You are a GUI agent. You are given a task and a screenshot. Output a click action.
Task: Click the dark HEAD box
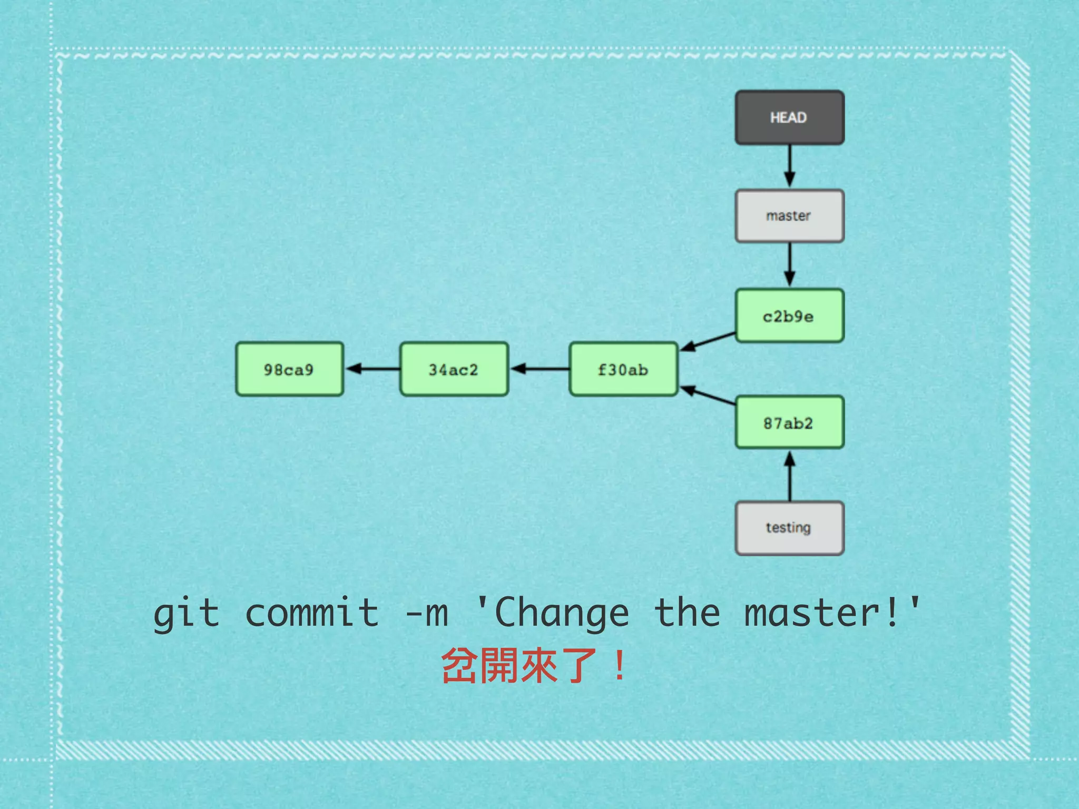[789, 117]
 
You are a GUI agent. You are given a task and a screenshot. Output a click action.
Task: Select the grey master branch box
[789, 216]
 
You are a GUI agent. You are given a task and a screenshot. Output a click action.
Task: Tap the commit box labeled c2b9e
[789, 316]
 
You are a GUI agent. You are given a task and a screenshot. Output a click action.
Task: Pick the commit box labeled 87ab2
[789, 422]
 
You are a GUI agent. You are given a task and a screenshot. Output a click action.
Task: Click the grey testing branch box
[789, 528]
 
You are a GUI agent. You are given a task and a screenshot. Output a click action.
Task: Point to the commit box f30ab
[623, 369]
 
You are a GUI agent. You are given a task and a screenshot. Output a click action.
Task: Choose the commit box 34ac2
[454, 369]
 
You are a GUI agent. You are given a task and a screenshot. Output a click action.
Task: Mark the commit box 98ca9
[289, 369]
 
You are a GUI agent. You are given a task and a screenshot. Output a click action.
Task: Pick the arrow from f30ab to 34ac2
[539, 369]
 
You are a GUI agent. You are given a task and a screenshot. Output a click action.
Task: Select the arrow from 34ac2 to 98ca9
[372, 369]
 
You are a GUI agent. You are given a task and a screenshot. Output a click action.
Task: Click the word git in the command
[186, 614]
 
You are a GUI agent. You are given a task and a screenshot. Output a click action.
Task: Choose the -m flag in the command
[427, 614]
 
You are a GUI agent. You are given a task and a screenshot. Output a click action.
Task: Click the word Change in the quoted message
[562, 614]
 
